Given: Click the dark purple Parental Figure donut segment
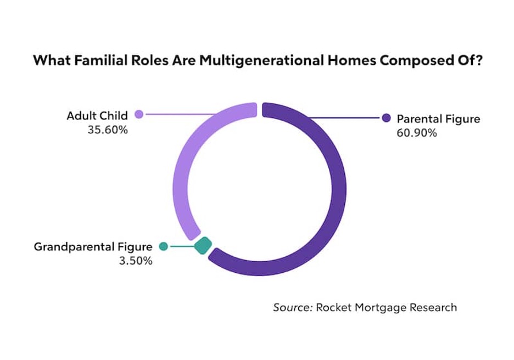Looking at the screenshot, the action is click(339, 189).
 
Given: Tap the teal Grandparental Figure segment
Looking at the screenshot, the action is click(203, 245).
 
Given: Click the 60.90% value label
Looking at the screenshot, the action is click(417, 133).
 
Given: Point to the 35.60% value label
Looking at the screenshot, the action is click(108, 130).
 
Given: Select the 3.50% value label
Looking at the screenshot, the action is click(136, 261).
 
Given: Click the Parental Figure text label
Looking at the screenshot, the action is click(438, 119).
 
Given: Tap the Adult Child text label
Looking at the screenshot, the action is click(97, 116).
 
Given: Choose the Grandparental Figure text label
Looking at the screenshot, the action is click(93, 247).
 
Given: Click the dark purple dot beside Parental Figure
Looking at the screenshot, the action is click(387, 118).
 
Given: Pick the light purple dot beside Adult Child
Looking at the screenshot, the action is click(139, 114).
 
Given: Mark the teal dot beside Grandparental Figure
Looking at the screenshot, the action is click(164, 246).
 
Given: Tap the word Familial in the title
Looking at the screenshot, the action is click(100, 60).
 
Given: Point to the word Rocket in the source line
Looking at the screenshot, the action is click(334, 307).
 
